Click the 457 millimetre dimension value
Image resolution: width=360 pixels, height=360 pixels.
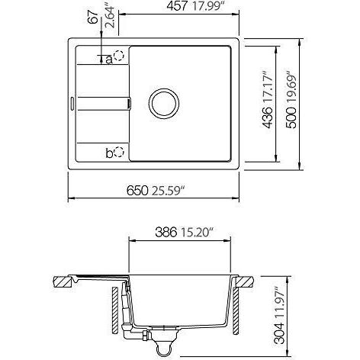[177, 6]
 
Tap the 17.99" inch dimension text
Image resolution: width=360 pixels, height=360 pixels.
[207, 6]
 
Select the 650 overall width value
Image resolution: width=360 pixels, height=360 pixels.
[137, 191]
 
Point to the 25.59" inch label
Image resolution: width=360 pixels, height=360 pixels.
[168, 191]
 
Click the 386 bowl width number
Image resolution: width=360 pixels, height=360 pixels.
[166, 232]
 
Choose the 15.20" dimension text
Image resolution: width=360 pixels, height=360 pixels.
[196, 232]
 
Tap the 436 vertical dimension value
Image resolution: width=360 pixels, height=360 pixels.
[268, 117]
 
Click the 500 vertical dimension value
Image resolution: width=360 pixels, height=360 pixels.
[291, 117]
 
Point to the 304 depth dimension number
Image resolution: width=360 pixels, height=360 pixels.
[280, 333]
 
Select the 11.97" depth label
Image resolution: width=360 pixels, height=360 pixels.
[280, 304]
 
